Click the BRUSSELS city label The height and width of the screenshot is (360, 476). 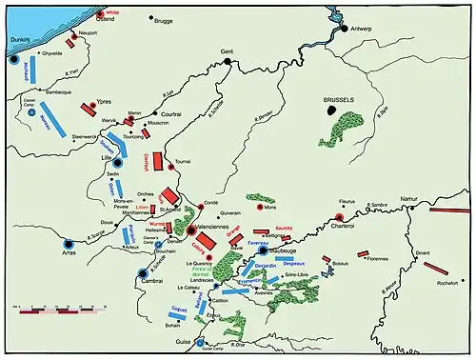tap(340, 99)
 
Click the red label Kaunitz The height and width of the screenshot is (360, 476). tap(283, 229)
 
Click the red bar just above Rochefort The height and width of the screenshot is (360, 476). tap(436, 268)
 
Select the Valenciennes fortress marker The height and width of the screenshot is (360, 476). tap(191, 230)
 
